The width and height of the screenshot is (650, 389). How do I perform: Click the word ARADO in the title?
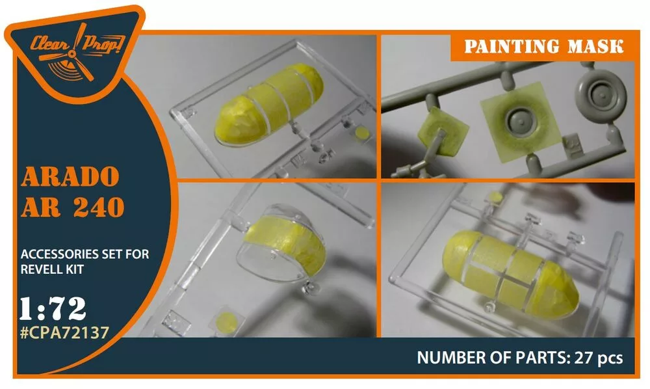pyautogui.click(x=70, y=177)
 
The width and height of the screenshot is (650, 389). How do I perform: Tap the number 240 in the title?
pyautogui.click(x=99, y=207)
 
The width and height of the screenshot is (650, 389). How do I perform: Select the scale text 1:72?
pyautogui.click(x=53, y=308)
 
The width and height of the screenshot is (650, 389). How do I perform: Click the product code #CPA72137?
pyautogui.click(x=64, y=332)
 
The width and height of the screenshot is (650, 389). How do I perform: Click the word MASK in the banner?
pyautogui.click(x=595, y=46)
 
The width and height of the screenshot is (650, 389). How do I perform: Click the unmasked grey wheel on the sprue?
pyautogui.click(x=600, y=93)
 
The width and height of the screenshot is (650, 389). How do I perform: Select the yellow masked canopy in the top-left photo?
pyautogui.click(x=268, y=105)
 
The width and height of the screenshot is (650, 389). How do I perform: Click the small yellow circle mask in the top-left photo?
pyautogui.click(x=362, y=133)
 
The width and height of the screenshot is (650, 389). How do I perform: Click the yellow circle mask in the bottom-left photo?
pyautogui.click(x=227, y=323)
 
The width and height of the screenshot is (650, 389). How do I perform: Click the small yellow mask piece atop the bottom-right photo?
pyautogui.click(x=495, y=197)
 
